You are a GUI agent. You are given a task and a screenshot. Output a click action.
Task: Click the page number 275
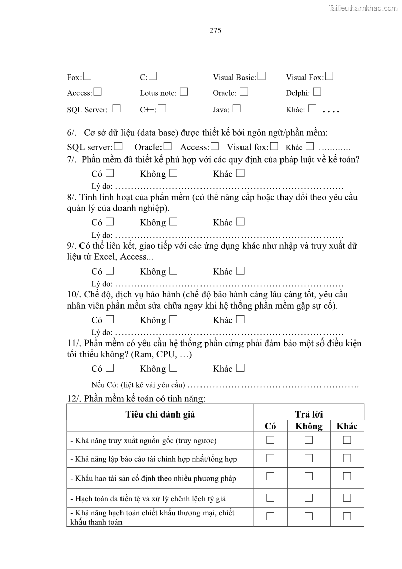click(x=215, y=31)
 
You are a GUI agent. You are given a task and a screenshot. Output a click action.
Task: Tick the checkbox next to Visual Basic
click(x=262, y=77)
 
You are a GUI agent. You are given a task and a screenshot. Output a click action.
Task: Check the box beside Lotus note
click(x=184, y=92)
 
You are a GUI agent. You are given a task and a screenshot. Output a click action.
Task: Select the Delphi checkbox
click(x=317, y=92)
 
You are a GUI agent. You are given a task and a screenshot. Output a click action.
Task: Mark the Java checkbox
click(x=236, y=108)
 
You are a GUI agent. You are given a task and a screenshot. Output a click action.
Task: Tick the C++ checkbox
click(x=163, y=108)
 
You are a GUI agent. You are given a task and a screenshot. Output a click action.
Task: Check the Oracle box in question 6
click(x=168, y=147)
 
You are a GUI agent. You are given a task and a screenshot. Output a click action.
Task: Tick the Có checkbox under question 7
click(x=110, y=173)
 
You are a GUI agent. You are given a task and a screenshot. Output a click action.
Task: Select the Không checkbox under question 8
click(x=173, y=222)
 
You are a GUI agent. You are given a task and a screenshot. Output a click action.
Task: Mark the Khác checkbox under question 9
click(x=240, y=271)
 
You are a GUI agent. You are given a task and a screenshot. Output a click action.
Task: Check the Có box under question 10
click(x=110, y=319)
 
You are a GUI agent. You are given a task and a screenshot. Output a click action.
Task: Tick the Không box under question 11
click(x=173, y=368)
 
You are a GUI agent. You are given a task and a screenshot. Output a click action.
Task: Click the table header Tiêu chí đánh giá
click(x=160, y=414)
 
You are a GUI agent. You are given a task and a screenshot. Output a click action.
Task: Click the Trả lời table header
click(x=308, y=414)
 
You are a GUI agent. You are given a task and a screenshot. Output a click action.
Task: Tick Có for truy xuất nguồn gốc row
click(x=270, y=440)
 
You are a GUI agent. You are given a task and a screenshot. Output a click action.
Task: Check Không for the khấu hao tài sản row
click(x=309, y=476)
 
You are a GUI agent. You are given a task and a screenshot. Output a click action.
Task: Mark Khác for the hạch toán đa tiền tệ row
click(x=347, y=498)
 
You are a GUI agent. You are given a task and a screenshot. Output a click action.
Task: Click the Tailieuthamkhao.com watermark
click(x=363, y=8)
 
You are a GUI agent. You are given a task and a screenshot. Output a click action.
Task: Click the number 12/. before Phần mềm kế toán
click(x=74, y=399)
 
